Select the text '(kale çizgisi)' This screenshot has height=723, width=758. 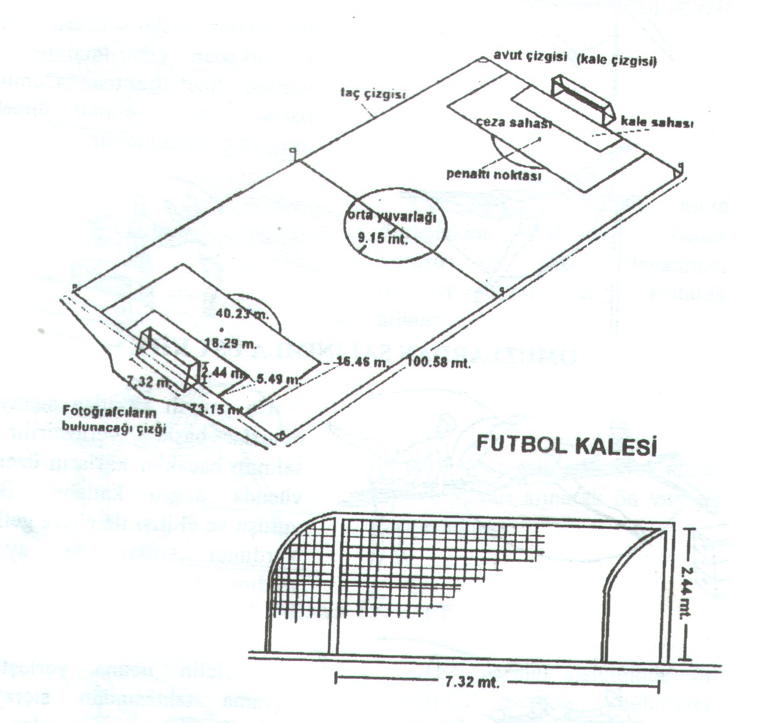click(x=616, y=61)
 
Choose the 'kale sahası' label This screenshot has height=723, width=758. click(x=656, y=123)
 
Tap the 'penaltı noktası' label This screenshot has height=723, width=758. click(x=494, y=175)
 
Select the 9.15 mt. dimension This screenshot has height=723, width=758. click(x=383, y=237)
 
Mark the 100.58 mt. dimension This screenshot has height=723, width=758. click(x=439, y=363)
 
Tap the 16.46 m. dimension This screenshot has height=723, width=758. click(x=361, y=363)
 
